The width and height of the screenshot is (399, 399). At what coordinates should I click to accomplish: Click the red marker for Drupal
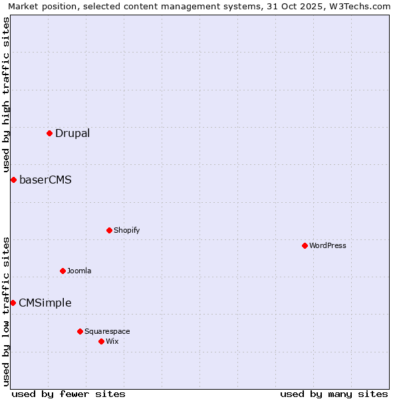(49, 133)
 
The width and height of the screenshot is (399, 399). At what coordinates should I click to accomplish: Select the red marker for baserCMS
(13, 180)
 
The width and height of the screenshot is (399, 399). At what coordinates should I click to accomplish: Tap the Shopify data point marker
(109, 230)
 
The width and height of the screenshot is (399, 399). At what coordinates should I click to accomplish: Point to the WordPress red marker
(305, 245)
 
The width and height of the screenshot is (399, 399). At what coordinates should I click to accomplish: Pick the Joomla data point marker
(63, 271)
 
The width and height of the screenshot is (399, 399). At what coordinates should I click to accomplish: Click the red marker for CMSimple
(13, 303)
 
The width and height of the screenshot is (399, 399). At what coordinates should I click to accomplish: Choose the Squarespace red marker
(80, 331)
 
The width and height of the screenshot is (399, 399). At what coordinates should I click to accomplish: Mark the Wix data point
(101, 341)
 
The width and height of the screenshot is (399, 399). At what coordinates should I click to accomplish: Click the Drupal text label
(72, 133)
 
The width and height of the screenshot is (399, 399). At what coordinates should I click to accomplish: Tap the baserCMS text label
(45, 180)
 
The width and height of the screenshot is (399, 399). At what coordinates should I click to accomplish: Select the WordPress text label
(328, 245)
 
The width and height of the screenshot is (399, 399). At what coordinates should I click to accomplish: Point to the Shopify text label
(127, 230)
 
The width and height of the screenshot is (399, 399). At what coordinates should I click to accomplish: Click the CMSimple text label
(45, 303)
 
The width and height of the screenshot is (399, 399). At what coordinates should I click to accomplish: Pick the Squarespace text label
(108, 331)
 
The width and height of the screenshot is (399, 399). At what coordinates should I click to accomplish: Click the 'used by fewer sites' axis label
(68, 394)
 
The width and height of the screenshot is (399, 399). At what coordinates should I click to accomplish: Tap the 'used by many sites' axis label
(334, 394)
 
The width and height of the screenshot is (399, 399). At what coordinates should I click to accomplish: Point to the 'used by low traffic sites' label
(6, 311)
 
